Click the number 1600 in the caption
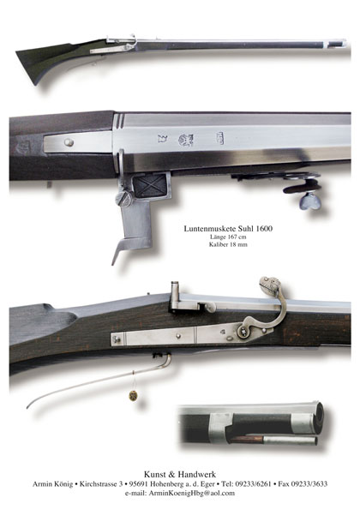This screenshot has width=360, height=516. point(264,228)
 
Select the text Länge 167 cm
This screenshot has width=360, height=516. point(228,237)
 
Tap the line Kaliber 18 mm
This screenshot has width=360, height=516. point(228,244)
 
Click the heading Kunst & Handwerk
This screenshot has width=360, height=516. point(180,474)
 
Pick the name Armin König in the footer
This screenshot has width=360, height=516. point(52,484)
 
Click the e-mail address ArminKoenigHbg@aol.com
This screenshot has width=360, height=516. point(191,493)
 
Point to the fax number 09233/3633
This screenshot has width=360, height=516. point(309,483)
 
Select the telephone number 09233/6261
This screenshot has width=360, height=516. point(253,483)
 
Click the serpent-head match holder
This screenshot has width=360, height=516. point(269,285)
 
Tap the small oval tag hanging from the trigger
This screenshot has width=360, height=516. point(133,395)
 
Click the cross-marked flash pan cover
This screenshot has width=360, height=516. point(150,185)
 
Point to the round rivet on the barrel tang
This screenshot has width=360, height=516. point(69,142)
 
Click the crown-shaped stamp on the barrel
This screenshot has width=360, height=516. point(162,139)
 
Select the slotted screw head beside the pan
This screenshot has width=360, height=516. point(124,200)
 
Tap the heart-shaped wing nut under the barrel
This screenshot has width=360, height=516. point(310,201)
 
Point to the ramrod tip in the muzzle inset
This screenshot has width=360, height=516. point(315,441)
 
